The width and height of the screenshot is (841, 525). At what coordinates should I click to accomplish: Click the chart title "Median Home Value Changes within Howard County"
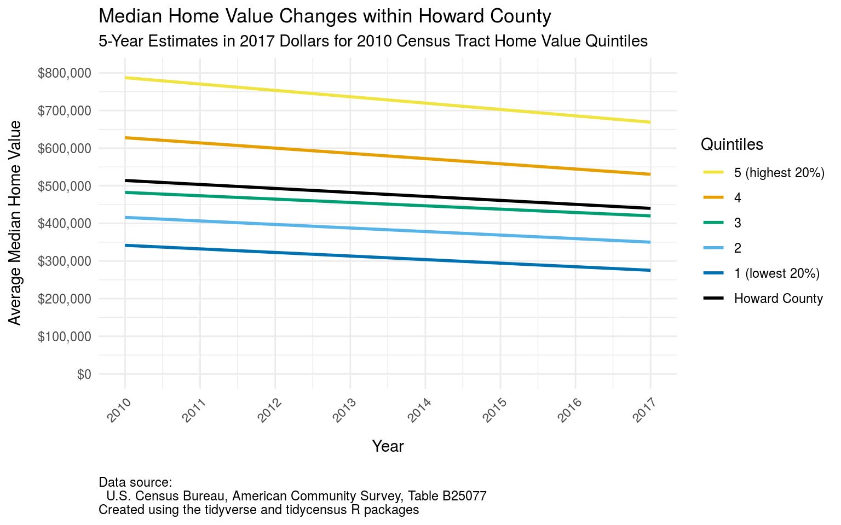325,16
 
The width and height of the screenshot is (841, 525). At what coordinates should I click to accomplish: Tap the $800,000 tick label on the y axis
64,73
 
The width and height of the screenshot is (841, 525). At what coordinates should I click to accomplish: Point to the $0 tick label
84,375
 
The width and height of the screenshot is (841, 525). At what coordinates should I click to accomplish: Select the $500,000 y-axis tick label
64,186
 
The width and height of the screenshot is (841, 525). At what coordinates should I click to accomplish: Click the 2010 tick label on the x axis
119,410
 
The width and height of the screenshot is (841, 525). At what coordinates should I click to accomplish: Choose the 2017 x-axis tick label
644,410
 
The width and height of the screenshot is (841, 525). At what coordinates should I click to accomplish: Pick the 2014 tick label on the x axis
419,410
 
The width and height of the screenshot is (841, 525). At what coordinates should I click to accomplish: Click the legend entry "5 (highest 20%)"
779,173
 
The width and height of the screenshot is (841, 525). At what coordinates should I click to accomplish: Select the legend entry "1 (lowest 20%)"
776,273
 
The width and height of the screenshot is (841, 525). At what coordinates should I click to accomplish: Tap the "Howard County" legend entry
778,299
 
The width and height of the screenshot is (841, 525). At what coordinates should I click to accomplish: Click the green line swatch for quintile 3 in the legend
713,223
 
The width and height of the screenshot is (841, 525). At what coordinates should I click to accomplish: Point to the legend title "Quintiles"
731,144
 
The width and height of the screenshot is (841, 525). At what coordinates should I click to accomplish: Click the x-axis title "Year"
388,446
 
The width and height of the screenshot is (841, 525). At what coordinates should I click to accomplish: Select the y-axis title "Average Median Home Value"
15,223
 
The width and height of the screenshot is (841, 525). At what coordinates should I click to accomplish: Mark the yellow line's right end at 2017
649,122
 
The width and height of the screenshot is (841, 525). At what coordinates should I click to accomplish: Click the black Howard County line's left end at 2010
126,180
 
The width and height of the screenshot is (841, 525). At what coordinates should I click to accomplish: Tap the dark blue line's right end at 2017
649,270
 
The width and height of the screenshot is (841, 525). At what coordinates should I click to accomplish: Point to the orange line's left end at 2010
126,138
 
